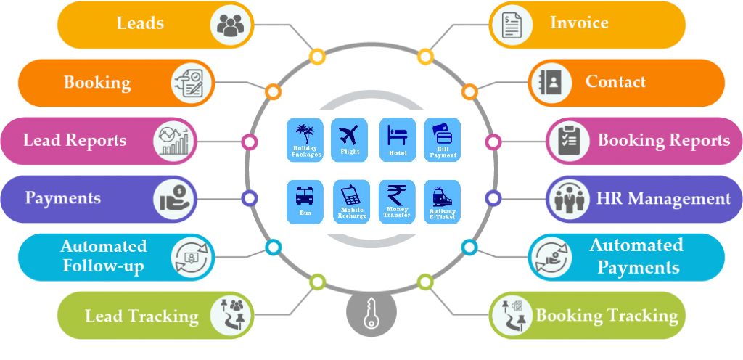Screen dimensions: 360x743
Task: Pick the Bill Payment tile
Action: [442, 139]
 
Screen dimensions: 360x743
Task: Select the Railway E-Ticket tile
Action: [442, 202]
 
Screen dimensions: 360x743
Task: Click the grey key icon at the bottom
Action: [371, 314]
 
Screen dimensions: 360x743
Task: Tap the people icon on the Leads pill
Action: [231, 25]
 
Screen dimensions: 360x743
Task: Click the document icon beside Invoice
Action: [512, 25]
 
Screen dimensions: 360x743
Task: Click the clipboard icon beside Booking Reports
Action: [567, 141]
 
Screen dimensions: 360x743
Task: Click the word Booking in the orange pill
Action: [97, 83]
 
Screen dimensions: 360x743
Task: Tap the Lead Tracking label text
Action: [141, 316]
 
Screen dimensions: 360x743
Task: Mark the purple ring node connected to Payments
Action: [250, 198]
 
